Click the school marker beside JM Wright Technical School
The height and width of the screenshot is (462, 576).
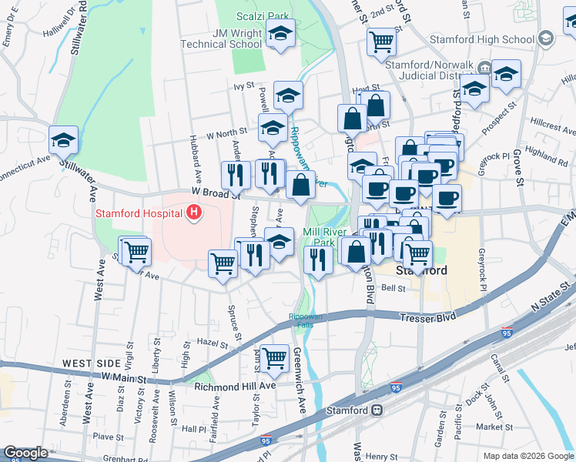280,35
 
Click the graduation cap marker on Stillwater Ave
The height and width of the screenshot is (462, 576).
64,141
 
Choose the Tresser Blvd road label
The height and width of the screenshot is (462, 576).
427,316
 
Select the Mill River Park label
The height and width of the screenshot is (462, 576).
329,237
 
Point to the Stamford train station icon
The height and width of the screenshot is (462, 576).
378,410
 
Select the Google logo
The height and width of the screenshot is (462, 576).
26,453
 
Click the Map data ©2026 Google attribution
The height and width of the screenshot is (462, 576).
527,456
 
